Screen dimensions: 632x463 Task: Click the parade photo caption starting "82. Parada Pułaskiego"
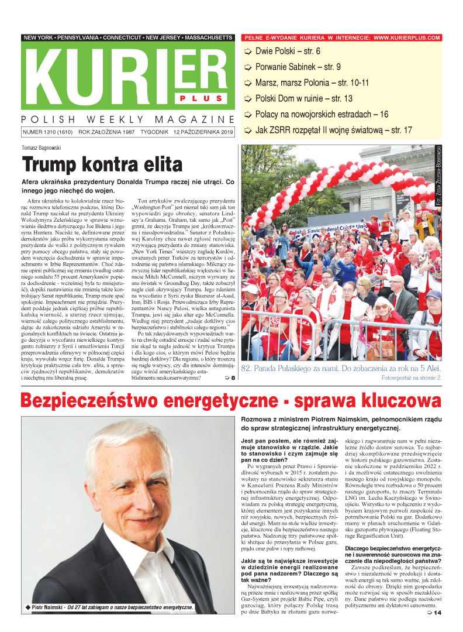340,369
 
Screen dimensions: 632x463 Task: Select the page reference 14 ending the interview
437,613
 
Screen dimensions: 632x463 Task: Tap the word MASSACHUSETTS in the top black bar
209,37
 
